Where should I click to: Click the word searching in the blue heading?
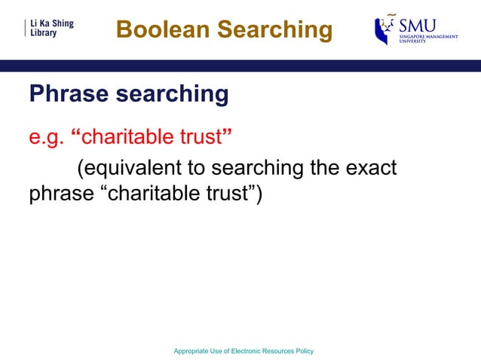171,95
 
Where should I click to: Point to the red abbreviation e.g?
46,139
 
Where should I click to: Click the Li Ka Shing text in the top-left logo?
51,23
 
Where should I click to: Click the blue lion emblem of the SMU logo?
384,31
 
